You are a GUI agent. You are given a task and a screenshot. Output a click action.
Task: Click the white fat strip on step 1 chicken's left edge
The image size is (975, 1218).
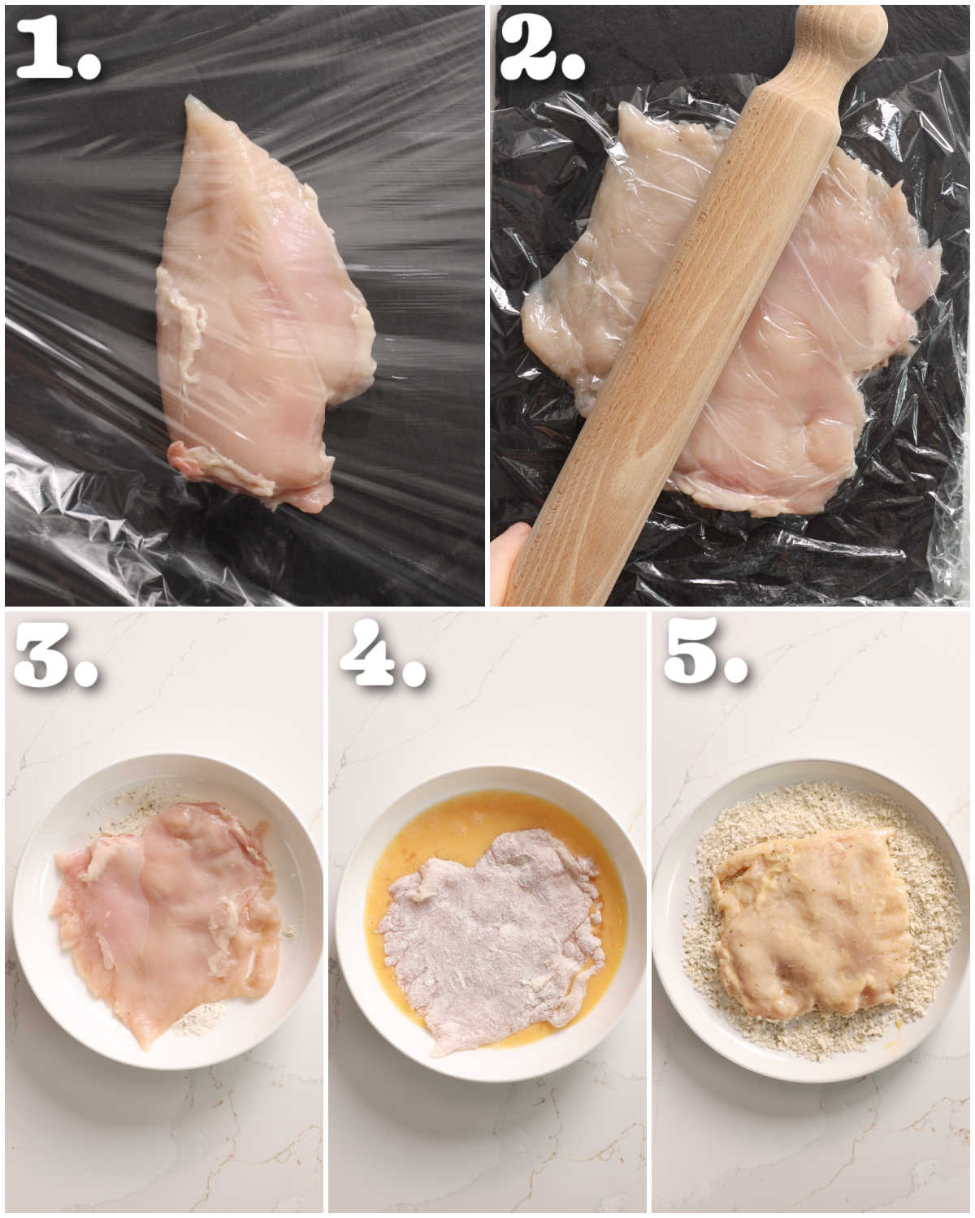pyautogui.click(x=183, y=325)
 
